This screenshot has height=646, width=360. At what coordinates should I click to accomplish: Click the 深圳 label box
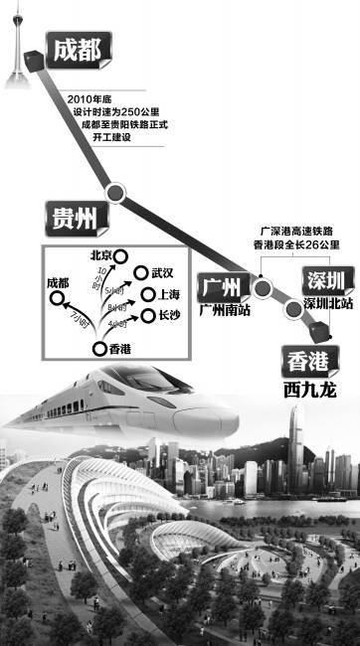(x=328, y=280)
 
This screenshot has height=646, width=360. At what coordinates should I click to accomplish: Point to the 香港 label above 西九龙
(x=310, y=361)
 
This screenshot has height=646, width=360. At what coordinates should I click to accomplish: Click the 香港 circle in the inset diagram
(x=99, y=349)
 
